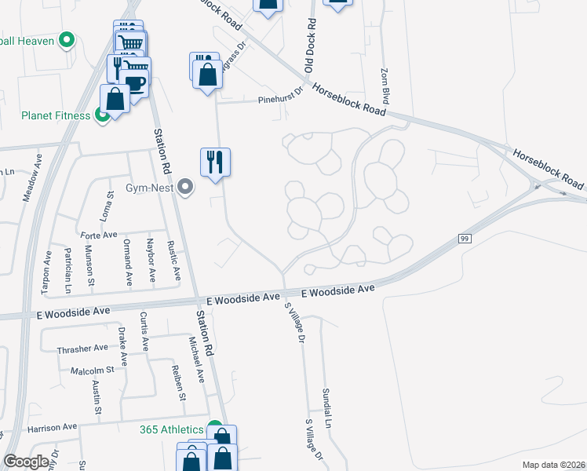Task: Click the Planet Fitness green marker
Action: pos(102,116)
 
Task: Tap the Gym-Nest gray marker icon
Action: pos(185,188)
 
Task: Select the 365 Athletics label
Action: pos(171,429)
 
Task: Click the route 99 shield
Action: pos(463,238)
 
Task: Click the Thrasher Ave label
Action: pos(82,348)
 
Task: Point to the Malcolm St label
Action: pos(93,370)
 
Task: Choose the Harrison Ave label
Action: pos(52,428)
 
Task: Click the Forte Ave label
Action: pos(98,234)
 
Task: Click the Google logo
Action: pos(26,462)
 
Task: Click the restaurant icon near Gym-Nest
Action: pos(215,162)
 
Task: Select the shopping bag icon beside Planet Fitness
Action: pos(115,100)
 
